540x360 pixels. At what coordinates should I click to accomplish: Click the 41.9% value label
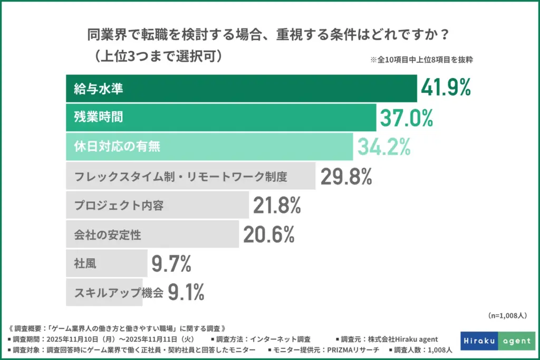(x=446, y=89)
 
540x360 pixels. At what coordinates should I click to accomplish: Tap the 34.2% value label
(x=384, y=147)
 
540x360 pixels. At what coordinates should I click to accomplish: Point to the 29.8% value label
(x=346, y=177)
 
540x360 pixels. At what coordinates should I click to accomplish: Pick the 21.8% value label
(x=277, y=206)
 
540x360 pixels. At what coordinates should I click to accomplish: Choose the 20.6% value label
(x=268, y=235)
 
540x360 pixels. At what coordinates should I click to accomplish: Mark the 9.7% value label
(x=171, y=264)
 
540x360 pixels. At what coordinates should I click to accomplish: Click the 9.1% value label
(x=186, y=292)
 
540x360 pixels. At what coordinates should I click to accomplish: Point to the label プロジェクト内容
(x=119, y=206)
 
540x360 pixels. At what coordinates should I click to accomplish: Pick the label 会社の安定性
(x=107, y=235)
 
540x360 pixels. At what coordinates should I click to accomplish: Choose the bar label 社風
(x=83, y=264)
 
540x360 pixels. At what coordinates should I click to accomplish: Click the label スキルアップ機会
(x=118, y=293)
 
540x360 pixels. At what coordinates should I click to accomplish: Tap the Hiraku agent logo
(x=498, y=341)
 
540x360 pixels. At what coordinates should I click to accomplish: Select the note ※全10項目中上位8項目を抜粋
(x=421, y=60)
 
